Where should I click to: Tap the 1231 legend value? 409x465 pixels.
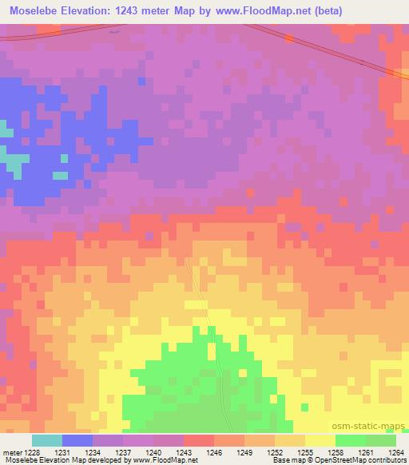62,452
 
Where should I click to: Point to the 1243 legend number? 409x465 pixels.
183,452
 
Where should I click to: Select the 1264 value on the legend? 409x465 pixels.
395,452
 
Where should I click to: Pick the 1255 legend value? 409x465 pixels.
304,452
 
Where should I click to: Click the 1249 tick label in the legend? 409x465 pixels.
244,452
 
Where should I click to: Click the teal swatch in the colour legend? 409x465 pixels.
47,440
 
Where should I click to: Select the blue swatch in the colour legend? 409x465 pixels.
77,440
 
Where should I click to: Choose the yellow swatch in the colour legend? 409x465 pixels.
320,440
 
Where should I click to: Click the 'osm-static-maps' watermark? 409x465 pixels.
373,425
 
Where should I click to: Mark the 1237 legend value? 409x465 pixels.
123,452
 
